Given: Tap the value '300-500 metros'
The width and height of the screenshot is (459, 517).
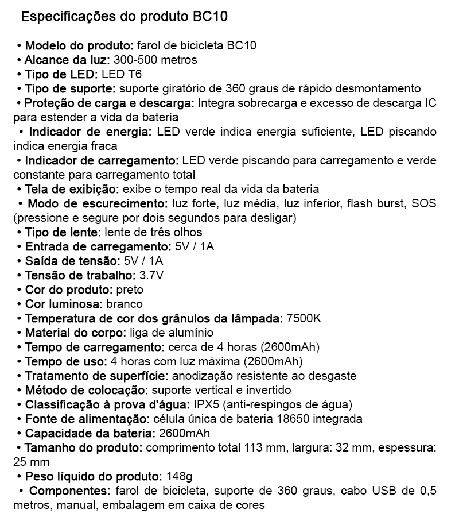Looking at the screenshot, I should (x=155, y=60).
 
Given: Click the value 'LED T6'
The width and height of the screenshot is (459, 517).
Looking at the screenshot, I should (x=122, y=74).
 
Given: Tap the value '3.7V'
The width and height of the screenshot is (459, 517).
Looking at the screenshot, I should (x=152, y=275).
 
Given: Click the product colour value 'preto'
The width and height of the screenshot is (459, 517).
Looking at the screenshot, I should (x=129, y=290).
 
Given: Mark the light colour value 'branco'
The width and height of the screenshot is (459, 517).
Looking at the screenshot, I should (x=124, y=304).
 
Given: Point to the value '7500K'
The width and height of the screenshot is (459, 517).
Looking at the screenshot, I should (x=304, y=318).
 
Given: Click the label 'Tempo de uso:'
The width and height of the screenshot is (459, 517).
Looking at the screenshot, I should (x=66, y=361).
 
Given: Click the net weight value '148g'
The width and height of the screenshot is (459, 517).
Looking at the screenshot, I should (x=178, y=476).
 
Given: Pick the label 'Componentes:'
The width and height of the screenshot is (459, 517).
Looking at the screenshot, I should (x=69, y=491).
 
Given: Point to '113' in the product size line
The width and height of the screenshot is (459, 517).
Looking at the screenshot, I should (x=253, y=447).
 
